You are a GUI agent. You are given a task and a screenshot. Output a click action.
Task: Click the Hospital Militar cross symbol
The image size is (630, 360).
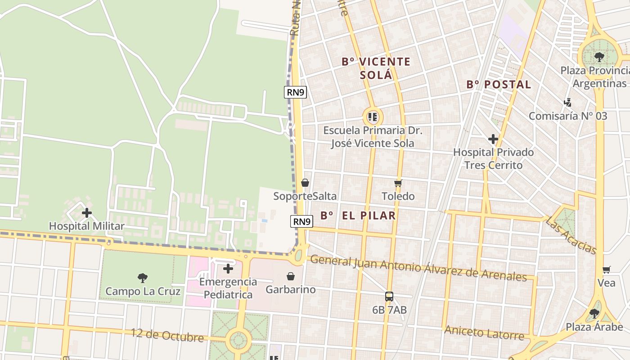click(87, 213)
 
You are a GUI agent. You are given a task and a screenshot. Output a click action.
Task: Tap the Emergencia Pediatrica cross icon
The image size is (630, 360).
click(228, 269)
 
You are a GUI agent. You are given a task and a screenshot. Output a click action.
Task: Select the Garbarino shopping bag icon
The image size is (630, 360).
click(291, 276)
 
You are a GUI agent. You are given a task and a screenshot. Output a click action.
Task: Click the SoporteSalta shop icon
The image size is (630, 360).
click(305, 183)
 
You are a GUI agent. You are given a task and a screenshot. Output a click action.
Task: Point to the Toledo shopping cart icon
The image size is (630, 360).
click(398, 183)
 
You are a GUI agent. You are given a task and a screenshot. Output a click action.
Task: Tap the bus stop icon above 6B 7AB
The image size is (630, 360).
click(389, 297)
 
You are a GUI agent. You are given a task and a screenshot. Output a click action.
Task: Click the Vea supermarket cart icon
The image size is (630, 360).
click(607, 270)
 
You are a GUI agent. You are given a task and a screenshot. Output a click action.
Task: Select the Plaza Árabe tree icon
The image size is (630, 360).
click(594, 313)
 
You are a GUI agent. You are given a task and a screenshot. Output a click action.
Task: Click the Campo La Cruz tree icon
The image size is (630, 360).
click(143, 278)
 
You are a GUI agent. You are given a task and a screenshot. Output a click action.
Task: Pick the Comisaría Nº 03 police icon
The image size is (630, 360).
click(568, 103)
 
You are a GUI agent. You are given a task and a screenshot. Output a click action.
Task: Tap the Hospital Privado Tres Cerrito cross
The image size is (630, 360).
click(493, 139)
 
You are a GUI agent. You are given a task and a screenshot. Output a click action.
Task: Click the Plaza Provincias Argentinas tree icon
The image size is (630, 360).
click(599, 57)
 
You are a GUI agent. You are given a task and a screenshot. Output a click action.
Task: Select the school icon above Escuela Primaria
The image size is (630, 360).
click(372, 117)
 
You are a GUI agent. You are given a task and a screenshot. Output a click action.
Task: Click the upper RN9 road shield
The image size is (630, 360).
click(296, 92)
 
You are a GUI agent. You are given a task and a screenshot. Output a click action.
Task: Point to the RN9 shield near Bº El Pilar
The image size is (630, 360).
click(301, 221)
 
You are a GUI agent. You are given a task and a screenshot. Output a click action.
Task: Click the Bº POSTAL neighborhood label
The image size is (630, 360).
click(499, 84)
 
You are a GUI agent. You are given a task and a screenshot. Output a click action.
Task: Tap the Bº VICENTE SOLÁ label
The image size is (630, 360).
click(376, 68)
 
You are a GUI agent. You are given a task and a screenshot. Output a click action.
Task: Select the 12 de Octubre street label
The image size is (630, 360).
click(167, 335)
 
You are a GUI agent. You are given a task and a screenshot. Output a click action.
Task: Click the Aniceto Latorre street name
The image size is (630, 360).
click(484, 333)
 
